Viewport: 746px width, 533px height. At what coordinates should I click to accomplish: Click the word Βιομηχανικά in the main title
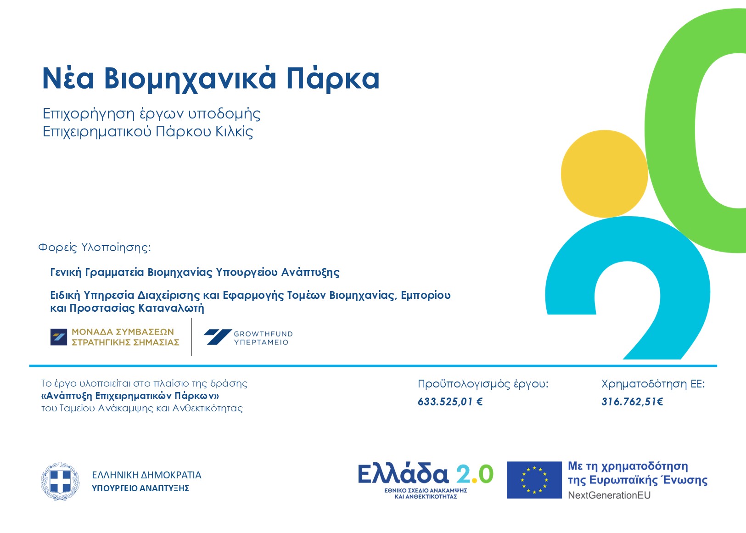pos(190,79)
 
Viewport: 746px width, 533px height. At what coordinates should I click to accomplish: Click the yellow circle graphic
pos(604,174)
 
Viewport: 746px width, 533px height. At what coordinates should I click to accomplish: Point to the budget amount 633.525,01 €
pos(450,402)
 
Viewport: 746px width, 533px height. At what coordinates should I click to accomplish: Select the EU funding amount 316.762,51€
pos(632,402)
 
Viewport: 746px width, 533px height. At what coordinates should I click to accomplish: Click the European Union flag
pos(534,480)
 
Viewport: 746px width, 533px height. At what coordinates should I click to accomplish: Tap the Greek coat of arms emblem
pos(60,482)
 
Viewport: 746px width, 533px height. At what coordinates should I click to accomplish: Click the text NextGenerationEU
pos(609,495)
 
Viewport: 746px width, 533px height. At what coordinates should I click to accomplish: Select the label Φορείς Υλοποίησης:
pos(95,247)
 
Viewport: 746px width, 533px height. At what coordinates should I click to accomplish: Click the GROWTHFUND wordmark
pos(263,334)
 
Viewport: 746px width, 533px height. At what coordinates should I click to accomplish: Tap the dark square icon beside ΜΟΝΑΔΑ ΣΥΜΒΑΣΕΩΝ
pos(59,337)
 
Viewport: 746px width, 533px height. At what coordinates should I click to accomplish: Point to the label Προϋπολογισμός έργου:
pos(483,384)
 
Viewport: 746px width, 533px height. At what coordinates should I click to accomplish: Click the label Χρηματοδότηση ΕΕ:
pos(653,384)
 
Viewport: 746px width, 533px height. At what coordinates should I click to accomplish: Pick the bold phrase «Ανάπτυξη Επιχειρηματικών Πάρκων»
pos(130,396)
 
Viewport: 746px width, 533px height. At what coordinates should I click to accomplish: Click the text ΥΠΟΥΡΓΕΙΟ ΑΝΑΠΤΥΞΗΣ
pos(140,488)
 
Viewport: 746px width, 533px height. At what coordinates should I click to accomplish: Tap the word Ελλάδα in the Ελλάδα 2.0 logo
pos(403,473)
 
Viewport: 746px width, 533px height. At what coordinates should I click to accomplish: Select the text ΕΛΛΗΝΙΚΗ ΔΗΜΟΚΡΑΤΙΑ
pos(146,475)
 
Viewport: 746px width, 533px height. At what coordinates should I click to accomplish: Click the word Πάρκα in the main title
pos(333,79)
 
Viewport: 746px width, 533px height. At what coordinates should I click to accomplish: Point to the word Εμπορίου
pos(426,296)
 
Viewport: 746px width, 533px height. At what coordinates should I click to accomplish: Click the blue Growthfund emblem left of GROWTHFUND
pos(218,337)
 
